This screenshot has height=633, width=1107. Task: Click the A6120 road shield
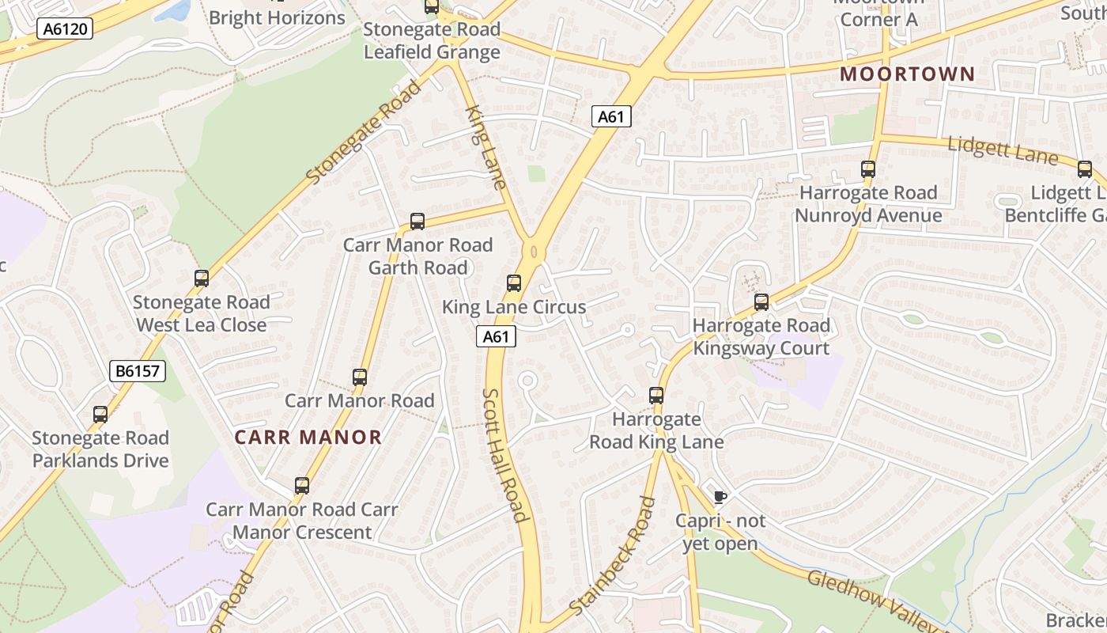65,29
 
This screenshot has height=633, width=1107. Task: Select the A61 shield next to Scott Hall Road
496,336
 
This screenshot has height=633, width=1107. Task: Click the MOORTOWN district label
907,74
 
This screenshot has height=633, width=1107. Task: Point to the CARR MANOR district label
308,437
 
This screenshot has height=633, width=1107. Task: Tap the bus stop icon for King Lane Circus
514,283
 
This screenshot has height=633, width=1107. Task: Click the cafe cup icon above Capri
720,497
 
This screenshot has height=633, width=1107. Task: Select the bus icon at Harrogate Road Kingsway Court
761,301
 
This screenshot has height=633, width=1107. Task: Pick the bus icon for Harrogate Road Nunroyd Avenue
868,169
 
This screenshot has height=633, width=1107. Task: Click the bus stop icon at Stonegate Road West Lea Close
202,279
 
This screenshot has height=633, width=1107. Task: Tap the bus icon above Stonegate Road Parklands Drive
100,415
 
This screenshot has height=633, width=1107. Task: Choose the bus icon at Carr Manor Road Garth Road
417,222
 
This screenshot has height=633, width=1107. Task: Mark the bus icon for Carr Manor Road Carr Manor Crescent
302,486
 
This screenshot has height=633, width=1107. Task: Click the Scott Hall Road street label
504,455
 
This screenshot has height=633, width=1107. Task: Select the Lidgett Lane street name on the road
1002,150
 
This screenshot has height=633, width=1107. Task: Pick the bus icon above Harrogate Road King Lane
656,396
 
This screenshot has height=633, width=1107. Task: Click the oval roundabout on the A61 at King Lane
535,251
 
